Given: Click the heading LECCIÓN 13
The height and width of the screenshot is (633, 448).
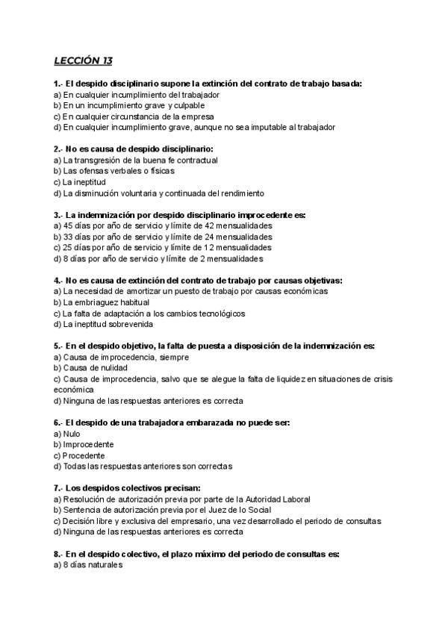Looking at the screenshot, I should [83, 60].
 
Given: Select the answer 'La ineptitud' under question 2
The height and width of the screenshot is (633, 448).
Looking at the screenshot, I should [84, 181].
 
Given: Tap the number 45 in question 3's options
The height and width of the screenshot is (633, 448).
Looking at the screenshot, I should [69, 225].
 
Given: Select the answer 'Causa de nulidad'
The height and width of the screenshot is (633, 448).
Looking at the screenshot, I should [95, 368].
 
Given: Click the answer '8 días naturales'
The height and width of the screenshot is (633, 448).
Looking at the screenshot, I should [92, 565].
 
